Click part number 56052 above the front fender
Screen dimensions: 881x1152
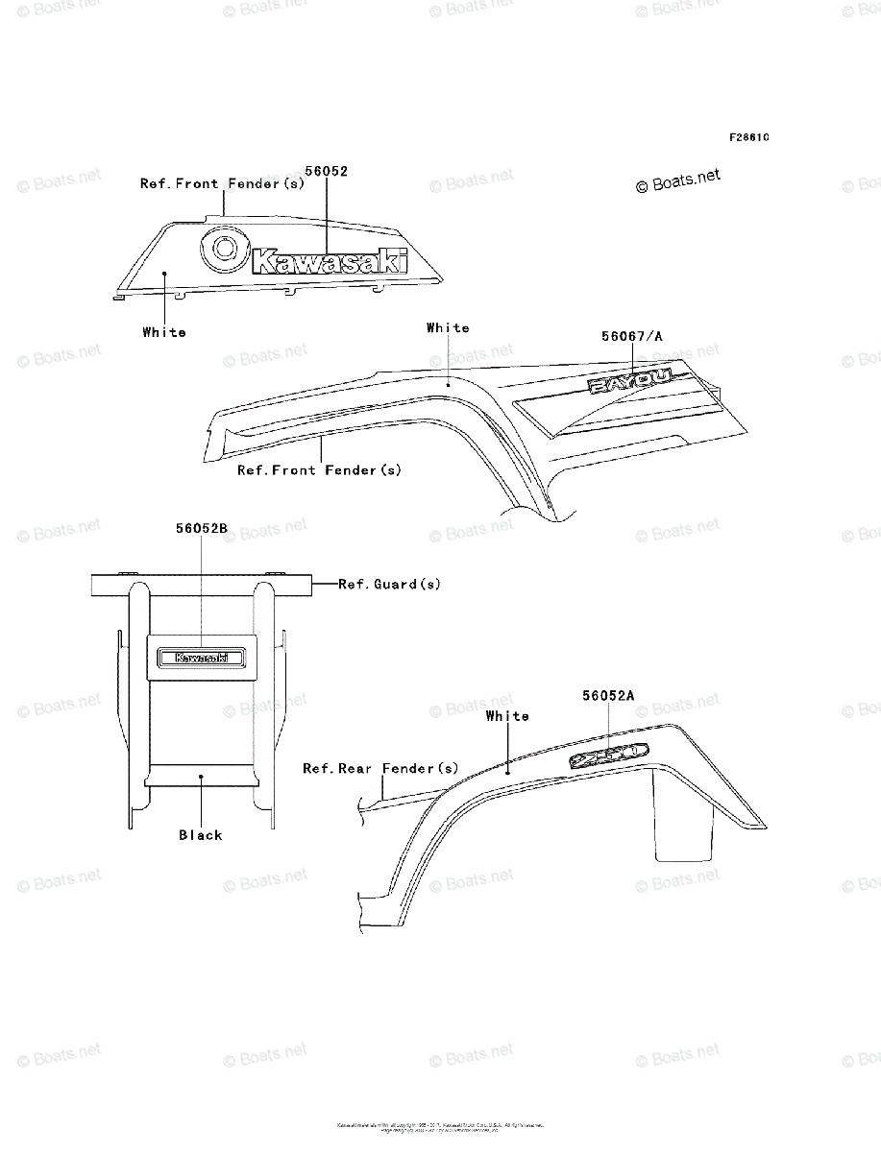tap(326, 171)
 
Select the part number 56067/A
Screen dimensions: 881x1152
tap(631, 336)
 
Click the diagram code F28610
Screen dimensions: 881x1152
tap(748, 137)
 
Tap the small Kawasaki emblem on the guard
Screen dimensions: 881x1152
tap(201, 658)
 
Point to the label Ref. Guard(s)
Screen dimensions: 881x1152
tap(389, 584)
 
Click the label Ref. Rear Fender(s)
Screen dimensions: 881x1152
tap(380, 768)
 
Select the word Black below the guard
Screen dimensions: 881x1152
tap(200, 835)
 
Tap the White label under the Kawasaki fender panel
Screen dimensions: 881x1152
tap(164, 332)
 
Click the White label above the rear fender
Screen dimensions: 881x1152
tap(507, 716)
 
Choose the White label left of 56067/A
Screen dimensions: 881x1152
tap(448, 328)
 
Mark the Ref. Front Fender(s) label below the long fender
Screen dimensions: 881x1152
tap(319, 469)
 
